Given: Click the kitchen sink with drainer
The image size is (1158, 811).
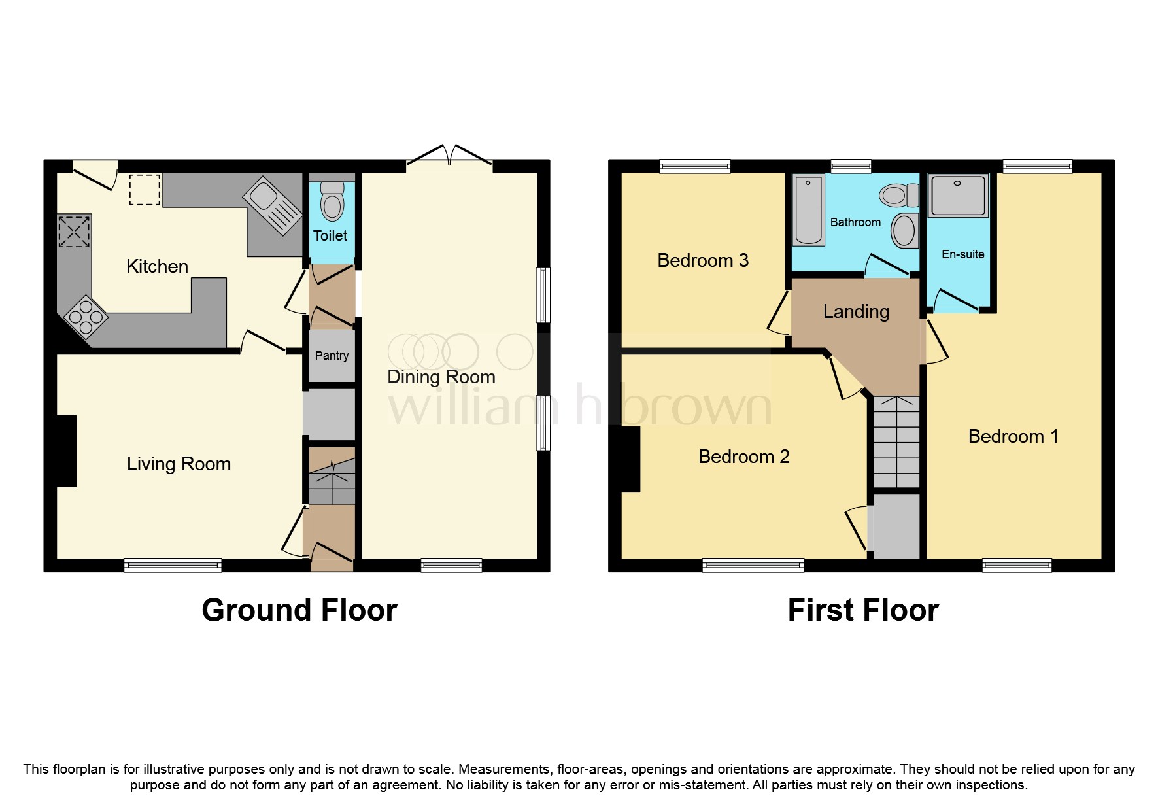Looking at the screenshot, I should pos(273,205).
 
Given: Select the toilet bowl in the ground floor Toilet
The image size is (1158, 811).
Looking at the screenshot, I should pos(332,205).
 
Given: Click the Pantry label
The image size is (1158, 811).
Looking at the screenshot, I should pos(332,356).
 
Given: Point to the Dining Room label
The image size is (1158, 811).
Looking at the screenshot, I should pos(441,377).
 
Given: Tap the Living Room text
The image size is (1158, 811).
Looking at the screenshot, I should pos(179,464).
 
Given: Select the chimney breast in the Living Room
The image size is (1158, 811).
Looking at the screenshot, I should pos(66,451).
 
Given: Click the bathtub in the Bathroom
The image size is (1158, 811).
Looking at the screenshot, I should pos(808,209).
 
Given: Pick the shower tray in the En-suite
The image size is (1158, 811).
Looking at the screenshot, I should pos(958,195).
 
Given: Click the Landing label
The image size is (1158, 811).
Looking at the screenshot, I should pos(856,312).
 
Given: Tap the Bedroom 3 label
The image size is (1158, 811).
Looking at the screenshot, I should pos(702,261).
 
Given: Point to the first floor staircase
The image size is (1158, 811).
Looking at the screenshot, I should pos(896,442).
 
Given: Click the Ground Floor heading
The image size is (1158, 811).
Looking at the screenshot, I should pos(299,610).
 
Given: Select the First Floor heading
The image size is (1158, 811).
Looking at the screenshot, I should pos(862,610).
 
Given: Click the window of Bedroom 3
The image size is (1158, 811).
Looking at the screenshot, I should pos(694,166).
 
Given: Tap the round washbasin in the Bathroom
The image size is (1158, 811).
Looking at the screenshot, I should pos(905,230).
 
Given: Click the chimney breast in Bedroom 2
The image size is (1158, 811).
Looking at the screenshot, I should pos(630,459).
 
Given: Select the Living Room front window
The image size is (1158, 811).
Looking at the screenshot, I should pos(173,564).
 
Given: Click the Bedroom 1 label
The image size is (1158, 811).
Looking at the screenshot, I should pos(1013,437).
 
